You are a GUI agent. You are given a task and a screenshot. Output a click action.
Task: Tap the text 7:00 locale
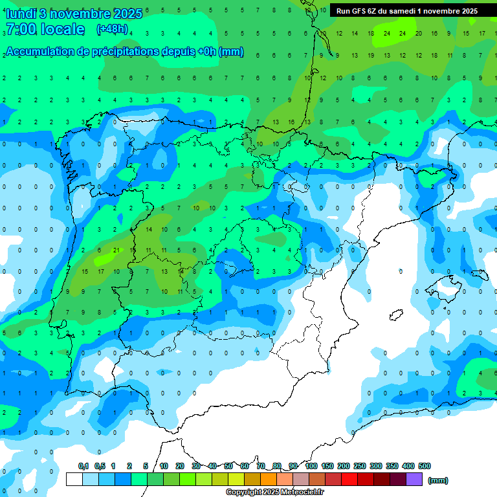point(45,29)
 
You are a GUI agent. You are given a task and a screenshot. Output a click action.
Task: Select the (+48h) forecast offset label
point(112,29)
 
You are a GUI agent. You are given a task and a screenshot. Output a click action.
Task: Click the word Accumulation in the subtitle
point(39,52)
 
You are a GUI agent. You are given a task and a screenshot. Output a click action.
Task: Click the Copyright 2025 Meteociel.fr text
point(275,492)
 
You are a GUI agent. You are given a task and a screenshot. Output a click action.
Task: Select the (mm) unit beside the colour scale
point(438,480)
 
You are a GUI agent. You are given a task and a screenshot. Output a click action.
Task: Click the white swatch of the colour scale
point(74,480)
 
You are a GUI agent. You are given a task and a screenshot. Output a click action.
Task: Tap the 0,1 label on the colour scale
point(83,466)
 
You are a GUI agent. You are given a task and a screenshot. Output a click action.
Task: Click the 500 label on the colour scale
point(425,466)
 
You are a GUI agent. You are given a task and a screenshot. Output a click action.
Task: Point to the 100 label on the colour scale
point(311,466)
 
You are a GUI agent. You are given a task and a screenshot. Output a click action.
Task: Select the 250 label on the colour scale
point(360,466)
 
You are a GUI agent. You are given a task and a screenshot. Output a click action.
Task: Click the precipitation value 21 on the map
point(116,250)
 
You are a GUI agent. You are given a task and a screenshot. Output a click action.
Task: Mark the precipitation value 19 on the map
point(371,56)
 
